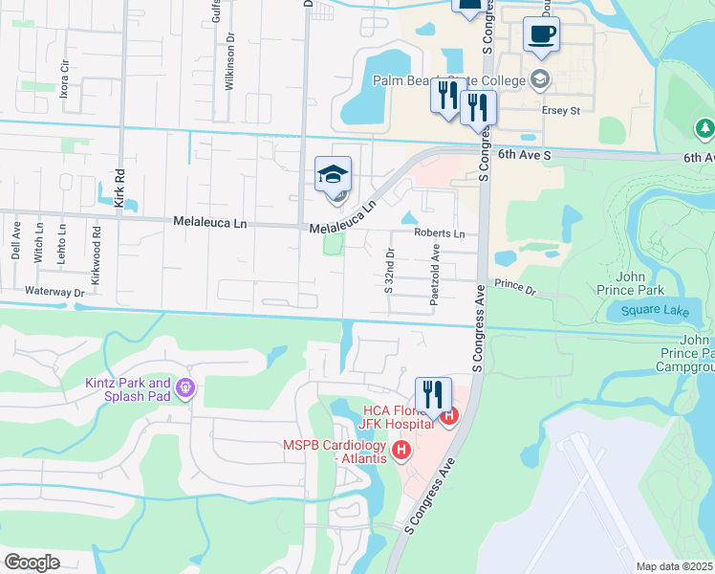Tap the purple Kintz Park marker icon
(185, 390)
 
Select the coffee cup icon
(541, 34)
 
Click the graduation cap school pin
(333, 175)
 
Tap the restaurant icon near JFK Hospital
(433, 394)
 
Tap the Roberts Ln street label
(439, 233)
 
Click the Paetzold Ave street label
(435, 273)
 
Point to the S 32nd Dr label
(389, 271)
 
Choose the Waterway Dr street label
(55, 292)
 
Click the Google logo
(32, 563)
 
